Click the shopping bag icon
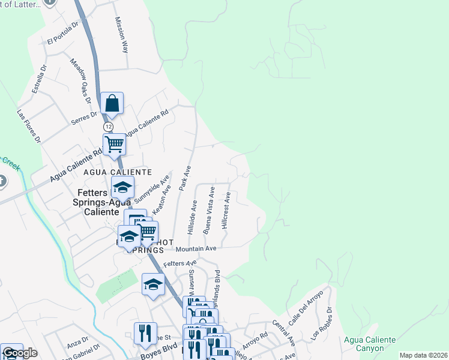pos(112,103)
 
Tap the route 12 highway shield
pos(107,127)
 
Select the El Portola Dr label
pos(63,35)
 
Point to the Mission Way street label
pos(122,34)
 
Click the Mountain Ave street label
pos(195,248)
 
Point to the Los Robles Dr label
pos(321,325)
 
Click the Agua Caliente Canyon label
pos(370,344)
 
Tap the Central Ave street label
pos(284,332)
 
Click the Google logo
pos(19,353)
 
